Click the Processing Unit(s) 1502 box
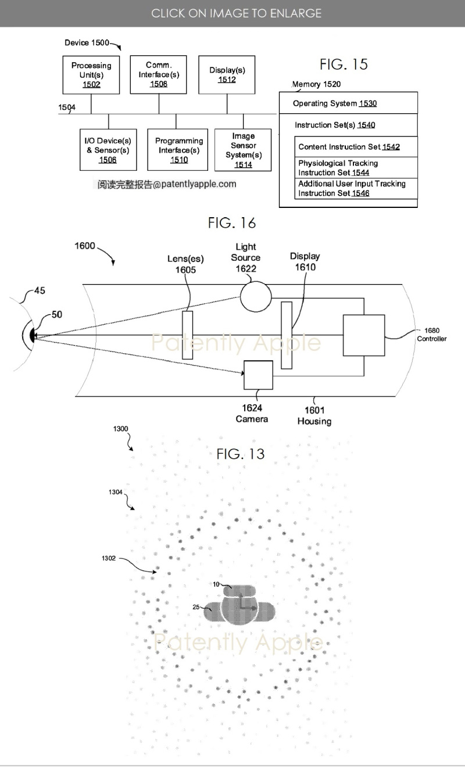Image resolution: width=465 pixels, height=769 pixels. (x=91, y=75)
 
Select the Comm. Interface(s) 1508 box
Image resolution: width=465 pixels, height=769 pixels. (x=159, y=74)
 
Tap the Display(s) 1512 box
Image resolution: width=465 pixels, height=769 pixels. (x=227, y=74)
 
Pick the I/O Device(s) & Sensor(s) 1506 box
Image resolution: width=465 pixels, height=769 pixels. (x=108, y=150)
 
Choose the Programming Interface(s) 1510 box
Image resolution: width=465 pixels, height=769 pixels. (x=178, y=150)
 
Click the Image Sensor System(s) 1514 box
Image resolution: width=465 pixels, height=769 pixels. (x=243, y=150)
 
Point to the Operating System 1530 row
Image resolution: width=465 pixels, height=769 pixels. (x=348, y=103)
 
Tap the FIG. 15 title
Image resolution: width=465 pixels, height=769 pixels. (x=344, y=64)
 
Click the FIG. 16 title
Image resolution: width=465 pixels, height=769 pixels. (x=232, y=222)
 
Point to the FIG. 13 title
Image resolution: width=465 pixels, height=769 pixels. (x=240, y=454)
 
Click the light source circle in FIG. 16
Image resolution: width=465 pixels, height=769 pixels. (x=256, y=296)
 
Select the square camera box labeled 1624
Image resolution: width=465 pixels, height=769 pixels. (x=258, y=375)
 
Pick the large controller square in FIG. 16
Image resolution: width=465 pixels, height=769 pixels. (x=363, y=335)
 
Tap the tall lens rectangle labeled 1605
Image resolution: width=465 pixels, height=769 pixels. (x=187, y=335)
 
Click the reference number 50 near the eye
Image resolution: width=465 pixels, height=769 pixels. (x=56, y=314)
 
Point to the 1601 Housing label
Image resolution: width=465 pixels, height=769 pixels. (x=314, y=415)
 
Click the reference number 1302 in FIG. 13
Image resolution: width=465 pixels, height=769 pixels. (x=109, y=558)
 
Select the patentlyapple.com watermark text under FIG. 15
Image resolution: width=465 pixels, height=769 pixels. (x=167, y=184)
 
